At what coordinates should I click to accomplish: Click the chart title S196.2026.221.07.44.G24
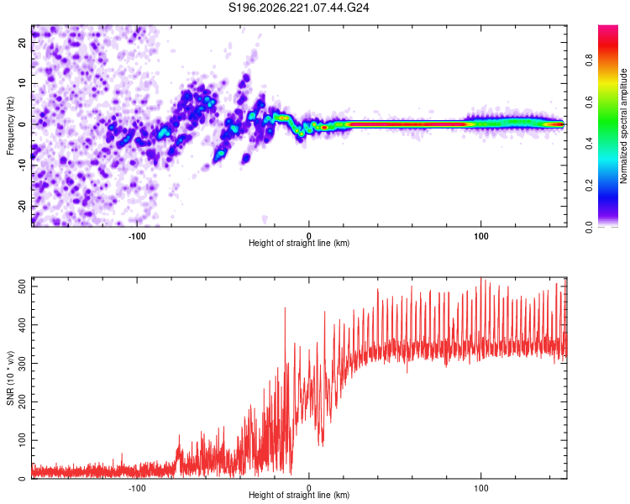tap(298, 8)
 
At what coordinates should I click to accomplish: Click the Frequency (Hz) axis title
tap(10, 126)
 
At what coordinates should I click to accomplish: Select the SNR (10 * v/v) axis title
tap(10, 378)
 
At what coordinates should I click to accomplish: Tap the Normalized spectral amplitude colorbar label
tap(623, 126)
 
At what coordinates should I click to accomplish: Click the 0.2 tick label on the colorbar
tap(590, 186)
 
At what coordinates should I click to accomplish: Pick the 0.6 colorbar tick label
tap(590, 102)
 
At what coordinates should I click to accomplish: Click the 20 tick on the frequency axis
tap(22, 43)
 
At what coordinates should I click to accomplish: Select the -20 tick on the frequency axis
tap(22, 206)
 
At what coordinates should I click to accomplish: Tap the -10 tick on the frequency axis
tap(22, 165)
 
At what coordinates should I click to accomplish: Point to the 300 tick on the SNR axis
tap(22, 364)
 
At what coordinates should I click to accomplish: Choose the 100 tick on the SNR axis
tap(22, 440)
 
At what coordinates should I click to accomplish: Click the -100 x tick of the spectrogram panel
tap(137, 236)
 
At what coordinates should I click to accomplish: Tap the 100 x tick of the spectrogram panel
tap(481, 236)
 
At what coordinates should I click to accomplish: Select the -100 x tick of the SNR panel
tap(137, 488)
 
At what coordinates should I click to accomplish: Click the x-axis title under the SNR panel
tap(299, 495)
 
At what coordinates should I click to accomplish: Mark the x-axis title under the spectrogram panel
tap(299, 243)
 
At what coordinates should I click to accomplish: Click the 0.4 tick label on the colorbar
tap(590, 144)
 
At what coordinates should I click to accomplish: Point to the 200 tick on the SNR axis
tap(22, 402)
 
